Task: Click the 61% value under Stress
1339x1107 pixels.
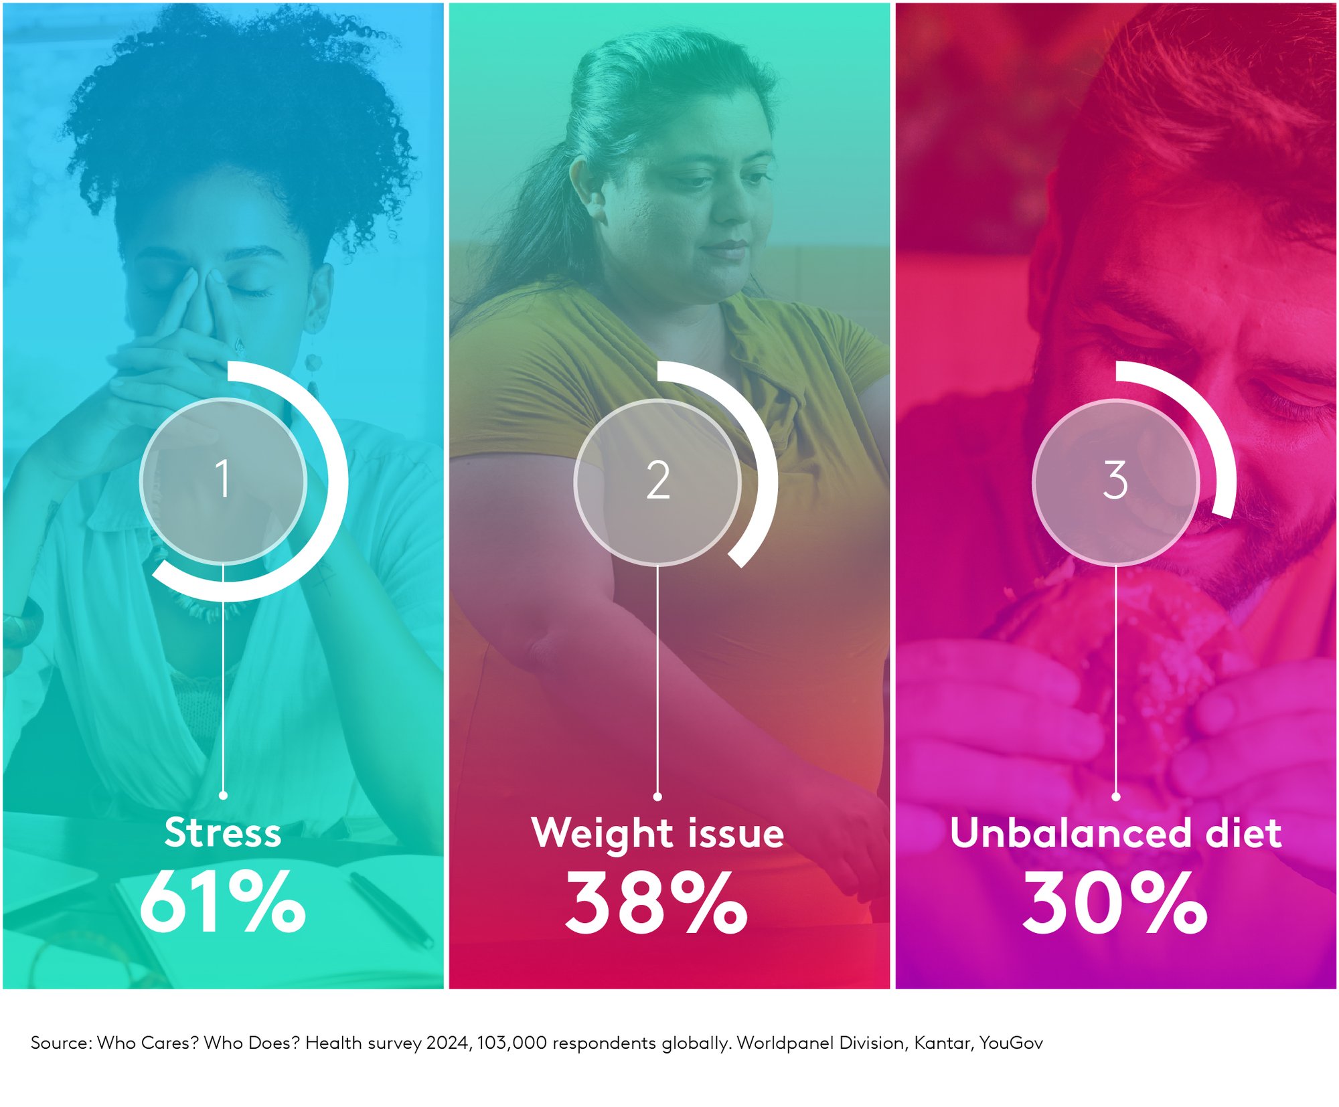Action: [222, 902]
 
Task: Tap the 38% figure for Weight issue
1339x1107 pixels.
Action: [657, 902]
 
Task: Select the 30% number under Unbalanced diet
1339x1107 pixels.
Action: [1115, 902]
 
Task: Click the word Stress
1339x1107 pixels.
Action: [223, 833]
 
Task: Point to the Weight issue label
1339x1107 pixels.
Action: [657, 834]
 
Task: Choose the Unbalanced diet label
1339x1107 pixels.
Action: [1115, 833]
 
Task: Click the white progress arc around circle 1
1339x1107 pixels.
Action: [339, 481]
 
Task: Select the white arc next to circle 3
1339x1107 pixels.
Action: [1205, 415]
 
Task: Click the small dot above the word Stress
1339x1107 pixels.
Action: [223, 795]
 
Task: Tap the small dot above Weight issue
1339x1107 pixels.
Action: [657, 796]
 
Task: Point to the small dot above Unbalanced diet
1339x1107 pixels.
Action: [1115, 796]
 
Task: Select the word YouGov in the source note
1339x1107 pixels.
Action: [1011, 1043]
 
